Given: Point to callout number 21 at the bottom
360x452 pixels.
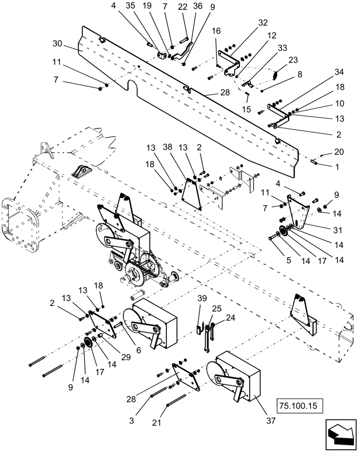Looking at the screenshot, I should click(156, 422).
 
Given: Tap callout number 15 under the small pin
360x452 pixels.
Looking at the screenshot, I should click(247, 110).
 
